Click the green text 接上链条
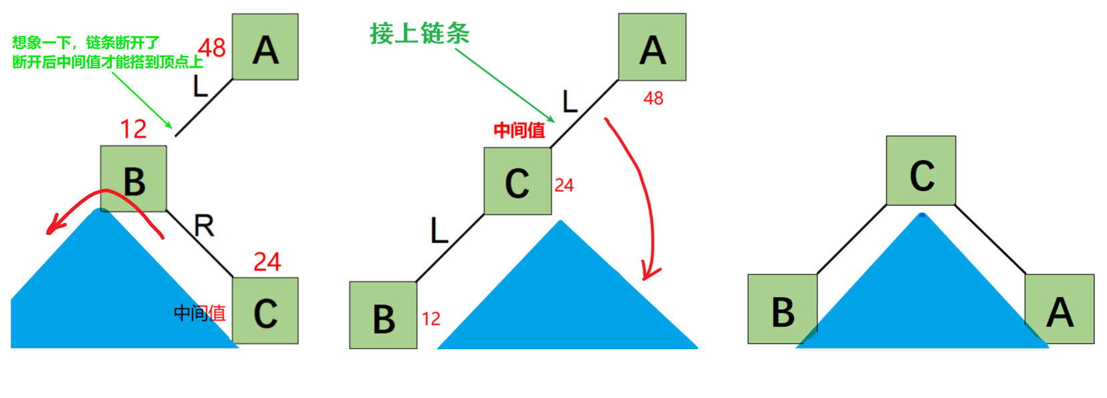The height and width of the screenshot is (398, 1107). (419, 33)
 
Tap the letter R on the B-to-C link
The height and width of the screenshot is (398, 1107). (204, 226)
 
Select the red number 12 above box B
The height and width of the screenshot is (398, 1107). (133, 129)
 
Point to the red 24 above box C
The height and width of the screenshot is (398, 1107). (267, 262)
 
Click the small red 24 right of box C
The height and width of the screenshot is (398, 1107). (564, 186)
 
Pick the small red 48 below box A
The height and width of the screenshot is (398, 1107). (652, 99)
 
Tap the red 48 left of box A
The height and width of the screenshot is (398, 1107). (212, 48)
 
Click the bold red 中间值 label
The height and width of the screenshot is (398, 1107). (519, 130)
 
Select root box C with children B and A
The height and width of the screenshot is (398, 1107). (920, 171)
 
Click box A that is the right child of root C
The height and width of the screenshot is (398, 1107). (1059, 309)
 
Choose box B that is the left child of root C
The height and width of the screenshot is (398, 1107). (782, 309)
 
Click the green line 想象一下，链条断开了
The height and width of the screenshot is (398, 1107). (86, 43)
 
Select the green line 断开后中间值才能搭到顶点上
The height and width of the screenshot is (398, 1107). (107, 62)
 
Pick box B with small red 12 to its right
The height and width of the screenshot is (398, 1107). (383, 315)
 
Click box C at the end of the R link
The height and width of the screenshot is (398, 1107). (265, 311)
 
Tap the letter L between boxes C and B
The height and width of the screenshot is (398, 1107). (439, 231)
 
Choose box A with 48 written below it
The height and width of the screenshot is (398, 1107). (652, 47)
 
